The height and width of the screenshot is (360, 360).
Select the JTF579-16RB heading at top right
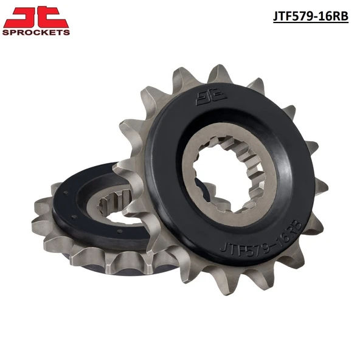tap(311, 16)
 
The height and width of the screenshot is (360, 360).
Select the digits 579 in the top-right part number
tap(302, 16)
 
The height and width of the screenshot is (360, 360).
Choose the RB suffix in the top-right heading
tap(340, 16)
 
